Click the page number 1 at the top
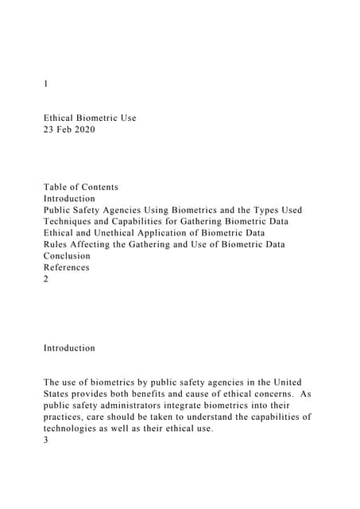point(46,83)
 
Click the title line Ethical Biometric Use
point(90,118)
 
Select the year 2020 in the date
point(86,130)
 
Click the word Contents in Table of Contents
point(97,187)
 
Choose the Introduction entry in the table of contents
point(69,199)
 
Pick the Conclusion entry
point(67,256)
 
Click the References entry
point(66,268)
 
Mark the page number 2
point(46,279)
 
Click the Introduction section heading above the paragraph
point(69,348)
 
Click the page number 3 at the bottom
point(46,440)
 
